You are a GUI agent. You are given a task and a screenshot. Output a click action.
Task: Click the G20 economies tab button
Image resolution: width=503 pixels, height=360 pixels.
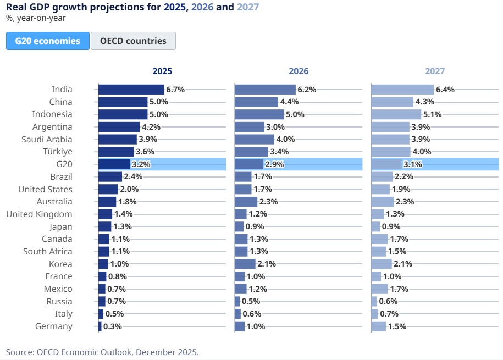[48, 41]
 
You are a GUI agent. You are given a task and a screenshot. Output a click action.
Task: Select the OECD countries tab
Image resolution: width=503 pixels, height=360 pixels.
[133, 41]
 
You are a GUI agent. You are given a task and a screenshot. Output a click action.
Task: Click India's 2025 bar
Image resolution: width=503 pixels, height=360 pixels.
[131, 90]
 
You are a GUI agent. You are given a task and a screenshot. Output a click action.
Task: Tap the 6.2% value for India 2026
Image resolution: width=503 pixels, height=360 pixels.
[307, 90]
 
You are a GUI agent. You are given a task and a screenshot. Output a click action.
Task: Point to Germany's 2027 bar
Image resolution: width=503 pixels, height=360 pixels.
[378, 326]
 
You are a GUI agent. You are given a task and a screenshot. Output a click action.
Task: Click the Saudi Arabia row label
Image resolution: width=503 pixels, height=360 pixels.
[47, 139]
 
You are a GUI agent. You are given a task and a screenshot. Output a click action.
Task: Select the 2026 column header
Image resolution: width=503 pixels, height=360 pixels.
[299, 71]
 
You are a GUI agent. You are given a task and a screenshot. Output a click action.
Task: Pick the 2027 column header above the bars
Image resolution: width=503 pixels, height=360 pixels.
[435, 71]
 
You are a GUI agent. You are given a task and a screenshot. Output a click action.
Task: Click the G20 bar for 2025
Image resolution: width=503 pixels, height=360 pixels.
[114, 164]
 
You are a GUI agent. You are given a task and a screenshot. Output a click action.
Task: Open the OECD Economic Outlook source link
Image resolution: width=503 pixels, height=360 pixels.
[118, 352]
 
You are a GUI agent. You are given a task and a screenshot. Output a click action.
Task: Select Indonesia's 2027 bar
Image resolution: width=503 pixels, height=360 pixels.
[396, 114]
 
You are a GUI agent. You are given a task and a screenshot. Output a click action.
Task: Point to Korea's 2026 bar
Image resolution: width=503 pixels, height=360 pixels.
[245, 264]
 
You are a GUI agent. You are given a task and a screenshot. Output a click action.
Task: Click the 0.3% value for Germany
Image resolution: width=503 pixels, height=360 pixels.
[113, 326]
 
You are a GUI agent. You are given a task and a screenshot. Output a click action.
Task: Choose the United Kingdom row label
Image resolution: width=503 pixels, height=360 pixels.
[39, 214]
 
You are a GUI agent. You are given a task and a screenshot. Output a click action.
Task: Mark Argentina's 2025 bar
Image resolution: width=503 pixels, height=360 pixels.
[119, 127]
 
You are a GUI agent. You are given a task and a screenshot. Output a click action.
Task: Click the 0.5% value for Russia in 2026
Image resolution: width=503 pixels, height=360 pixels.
[251, 301]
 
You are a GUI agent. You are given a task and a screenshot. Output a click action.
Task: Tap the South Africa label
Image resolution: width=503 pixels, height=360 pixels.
[47, 251]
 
